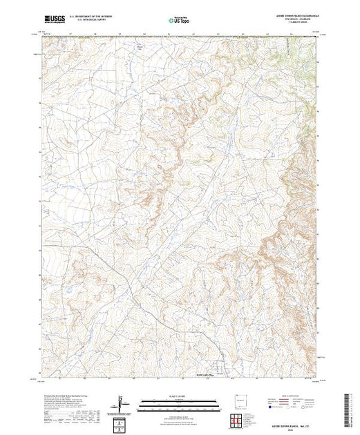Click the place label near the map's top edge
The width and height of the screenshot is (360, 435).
(x=141, y=46)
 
